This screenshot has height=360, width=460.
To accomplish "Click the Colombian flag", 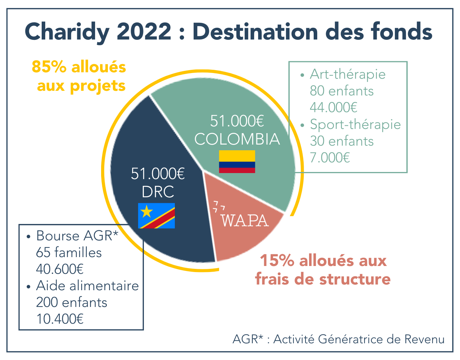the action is [x=237, y=162].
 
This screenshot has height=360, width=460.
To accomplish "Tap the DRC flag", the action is [x=156, y=216].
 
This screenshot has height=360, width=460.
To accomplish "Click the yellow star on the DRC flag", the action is [x=146, y=212].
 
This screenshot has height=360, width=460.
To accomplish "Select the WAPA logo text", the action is [x=245, y=220].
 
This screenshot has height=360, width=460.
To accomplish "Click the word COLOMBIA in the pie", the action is [x=237, y=139].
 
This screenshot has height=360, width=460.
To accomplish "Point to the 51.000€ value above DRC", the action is [x=158, y=174].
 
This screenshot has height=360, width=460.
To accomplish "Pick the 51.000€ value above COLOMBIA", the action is [x=237, y=121].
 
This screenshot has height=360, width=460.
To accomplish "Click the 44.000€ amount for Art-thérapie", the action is [x=333, y=107].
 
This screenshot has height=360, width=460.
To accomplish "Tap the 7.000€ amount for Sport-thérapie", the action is [x=330, y=157].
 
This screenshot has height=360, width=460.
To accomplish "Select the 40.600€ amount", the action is [x=60, y=269].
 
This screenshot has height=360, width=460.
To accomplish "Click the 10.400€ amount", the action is [x=60, y=319].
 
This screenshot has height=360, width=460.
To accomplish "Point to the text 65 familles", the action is [x=69, y=252].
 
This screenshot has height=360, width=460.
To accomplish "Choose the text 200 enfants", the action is [x=72, y=302].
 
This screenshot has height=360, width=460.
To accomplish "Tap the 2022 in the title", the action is [x=144, y=32].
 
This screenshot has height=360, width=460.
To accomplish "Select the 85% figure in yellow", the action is [x=49, y=67].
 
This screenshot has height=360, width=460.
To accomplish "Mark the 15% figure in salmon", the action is [x=277, y=261].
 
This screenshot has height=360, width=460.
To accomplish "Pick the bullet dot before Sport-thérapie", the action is [x=302, y=125].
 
